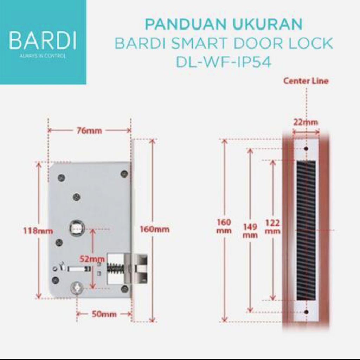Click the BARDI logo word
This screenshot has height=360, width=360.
pos(43,41)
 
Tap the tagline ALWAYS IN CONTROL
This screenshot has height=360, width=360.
pos(43,56)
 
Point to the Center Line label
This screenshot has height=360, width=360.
pos(306,81)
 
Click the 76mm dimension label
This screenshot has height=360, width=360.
pos(89,131)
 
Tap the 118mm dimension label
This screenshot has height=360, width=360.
pos(38,231)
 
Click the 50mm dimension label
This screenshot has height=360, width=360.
pos(104,314)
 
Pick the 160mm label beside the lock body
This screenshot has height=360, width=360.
pos(154,230)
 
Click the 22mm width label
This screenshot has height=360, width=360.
pos(306,122)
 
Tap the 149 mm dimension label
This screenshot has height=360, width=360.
pos(250,231)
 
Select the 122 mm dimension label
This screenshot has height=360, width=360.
pos(273,227)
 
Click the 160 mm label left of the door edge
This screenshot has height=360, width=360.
pos(224,226)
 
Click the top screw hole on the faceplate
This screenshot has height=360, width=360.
pos(306,149)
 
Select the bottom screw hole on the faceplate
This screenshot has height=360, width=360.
pos(306,311)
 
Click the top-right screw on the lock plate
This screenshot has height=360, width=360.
pos(124,173)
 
